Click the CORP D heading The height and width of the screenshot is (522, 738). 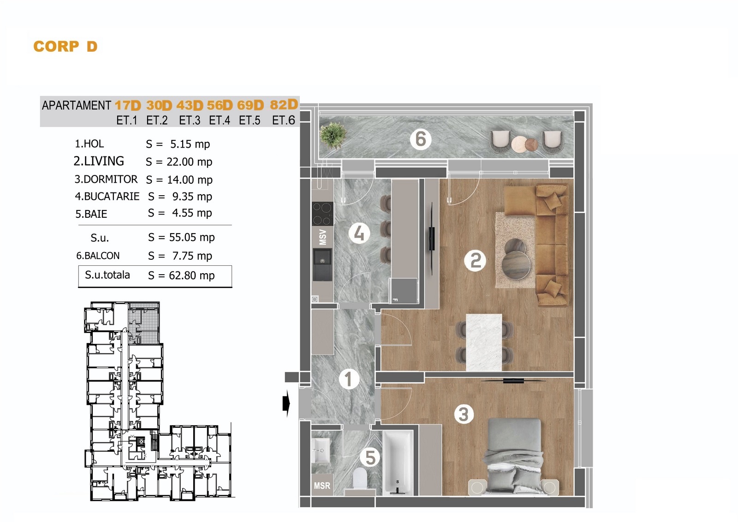(x=65, y=47)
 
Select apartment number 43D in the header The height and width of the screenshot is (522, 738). (x=190, y=106)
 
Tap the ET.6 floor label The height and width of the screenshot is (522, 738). (x=283, y=120)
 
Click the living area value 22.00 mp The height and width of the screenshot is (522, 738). (x=190, y=162)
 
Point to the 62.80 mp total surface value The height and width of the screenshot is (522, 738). (x=192, y=276)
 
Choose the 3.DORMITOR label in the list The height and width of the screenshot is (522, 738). (x=106, y=180)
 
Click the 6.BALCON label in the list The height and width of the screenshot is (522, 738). (x=98, y=256)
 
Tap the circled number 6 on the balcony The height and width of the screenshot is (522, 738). (x=420, y=139)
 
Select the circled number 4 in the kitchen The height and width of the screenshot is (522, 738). (x=359, y=234)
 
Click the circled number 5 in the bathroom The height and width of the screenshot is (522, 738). (x=370, y=458)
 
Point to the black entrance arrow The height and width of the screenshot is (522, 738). (x=286, y=404)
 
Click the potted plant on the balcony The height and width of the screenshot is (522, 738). (x=333, y=136)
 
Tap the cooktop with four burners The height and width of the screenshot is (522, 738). (x=322, y=214)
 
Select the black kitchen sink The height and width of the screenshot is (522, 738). (x=322, y=264)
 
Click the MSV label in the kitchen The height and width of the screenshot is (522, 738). (x=323, y=237)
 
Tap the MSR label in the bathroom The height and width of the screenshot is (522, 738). (x=322, y=486)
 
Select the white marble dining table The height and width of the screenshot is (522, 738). (x=484, y=342)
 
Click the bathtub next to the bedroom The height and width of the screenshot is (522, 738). (x=398, y=462)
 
